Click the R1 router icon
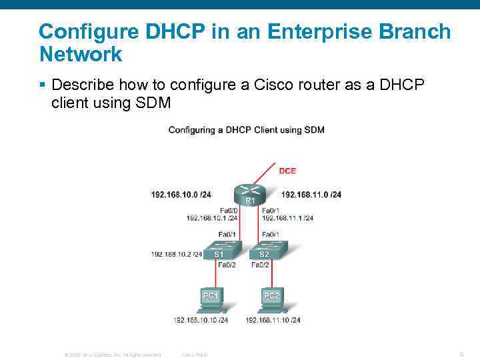point(250,194)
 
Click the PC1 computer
point(211,299)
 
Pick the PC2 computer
point(273,299)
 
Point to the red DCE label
point(287,171)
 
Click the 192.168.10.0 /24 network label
point(181,195)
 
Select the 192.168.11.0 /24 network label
point(311,195)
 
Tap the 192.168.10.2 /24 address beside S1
point(177,254)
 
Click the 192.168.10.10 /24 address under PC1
point(201,320)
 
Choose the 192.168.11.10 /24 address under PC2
point(273,320)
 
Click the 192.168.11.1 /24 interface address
point(287,218)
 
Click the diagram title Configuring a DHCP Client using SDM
point(246,129)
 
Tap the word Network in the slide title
point(81,54)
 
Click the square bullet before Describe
point(42,85)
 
